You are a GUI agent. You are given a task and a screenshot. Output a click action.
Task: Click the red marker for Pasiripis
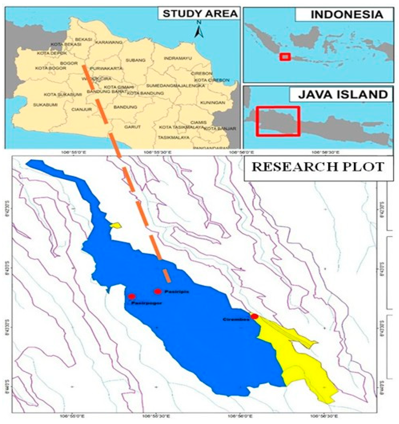[158, 291]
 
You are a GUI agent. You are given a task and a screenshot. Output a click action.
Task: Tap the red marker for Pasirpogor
[132, 297]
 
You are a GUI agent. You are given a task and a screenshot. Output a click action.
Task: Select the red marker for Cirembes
[255, 316]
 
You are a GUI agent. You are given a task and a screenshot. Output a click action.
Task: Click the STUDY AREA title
[200, 14]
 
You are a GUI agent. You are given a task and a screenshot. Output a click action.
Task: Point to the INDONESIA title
[347, 15]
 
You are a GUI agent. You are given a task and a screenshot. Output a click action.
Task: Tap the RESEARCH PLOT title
[318, 167]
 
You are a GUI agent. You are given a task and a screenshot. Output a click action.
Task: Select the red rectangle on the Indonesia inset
[285, 57]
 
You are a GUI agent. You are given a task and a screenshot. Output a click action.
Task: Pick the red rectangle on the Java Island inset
[278, 121]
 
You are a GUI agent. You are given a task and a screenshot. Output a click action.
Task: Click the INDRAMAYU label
[178, 58]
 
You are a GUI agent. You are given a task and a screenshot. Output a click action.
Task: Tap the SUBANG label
[135, 60]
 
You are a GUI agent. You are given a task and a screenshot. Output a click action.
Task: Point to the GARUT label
[132, 127]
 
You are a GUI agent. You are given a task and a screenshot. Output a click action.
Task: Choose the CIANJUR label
[82, 110]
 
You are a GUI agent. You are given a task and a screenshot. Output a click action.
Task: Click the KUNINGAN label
[213, 103]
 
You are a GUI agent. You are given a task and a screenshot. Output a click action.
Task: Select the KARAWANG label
[109, 42]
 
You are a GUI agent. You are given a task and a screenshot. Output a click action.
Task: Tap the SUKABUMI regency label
[45, 105]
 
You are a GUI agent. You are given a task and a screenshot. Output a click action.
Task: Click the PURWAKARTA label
[107, 68]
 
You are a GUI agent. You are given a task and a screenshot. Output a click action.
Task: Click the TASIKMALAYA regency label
[174, 138]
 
